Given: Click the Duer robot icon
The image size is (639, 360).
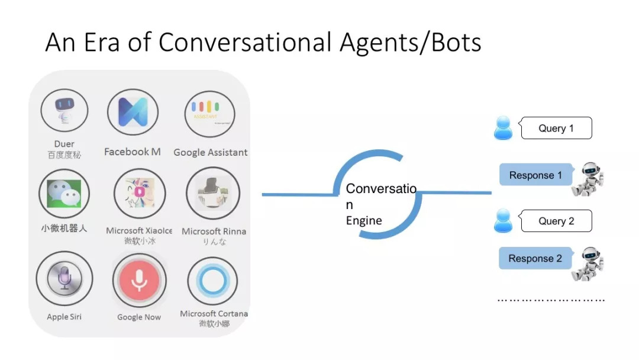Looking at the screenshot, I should (x=64, y=111).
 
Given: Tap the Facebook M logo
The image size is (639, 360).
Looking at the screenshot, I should (x=133, y=112).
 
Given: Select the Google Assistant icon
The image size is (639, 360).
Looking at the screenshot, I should (x=209, y=113).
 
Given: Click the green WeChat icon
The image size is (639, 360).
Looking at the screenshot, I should (x=64, y=193).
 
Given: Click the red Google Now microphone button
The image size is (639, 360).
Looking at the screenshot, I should (x=139, y=279).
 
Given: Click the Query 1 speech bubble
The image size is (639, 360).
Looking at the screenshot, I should (x=556, y=128).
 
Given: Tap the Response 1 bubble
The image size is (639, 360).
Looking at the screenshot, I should (x=535, y=175).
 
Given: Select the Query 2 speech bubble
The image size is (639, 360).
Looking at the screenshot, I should (x=556, y=221).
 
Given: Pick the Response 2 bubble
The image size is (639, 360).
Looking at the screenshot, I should (x=535, y=259).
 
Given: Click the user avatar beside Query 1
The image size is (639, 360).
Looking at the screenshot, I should (x=503, y=128).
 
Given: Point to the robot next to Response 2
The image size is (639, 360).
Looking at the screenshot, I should (x=588, y=264).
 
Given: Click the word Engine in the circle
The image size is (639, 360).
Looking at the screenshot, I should (x=364, y=221).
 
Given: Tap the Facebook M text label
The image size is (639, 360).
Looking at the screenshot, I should (x=133, y=152).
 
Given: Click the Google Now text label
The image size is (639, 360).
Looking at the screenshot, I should (x=139, y=317).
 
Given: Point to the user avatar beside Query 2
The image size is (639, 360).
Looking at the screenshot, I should (x=503, y=220).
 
